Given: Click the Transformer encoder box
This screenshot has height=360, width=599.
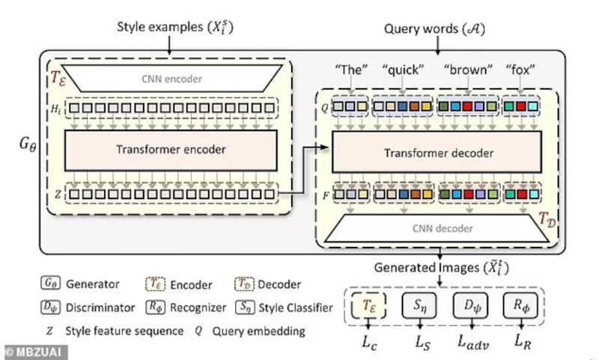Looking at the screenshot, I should click(x=171, y=149).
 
